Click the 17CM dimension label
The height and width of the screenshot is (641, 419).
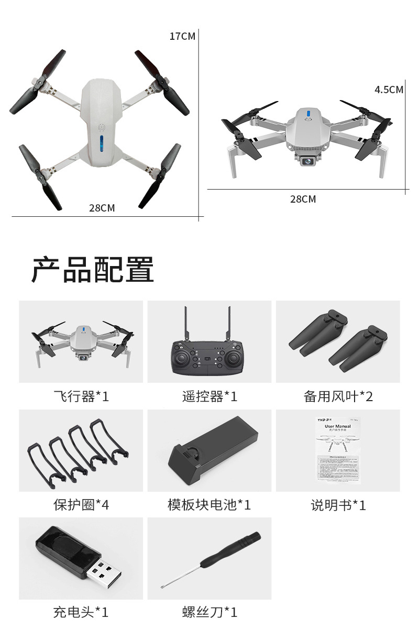click(182, 36)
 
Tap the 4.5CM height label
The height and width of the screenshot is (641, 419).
click(389, 90)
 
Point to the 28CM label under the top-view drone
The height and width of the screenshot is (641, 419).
click(102, 208)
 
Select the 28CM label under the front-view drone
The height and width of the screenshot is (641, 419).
click(303, 199)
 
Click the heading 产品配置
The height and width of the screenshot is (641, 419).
click(93, 270)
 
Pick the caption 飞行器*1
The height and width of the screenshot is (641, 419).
click(81, 396)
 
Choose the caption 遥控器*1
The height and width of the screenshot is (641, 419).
click(210, 396)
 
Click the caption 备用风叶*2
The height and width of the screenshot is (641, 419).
click(338, 396)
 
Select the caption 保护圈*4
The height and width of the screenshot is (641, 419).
click(81, 505)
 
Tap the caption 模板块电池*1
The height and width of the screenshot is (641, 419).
click(210, 505)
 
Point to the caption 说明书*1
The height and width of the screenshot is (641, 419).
click(338, 505)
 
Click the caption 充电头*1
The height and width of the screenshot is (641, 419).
click(81, 612)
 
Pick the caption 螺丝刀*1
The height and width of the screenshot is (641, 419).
click(210, 612)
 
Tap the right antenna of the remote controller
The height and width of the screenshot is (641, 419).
click(229, 324)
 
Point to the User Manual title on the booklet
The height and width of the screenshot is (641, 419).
click(338, 427)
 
